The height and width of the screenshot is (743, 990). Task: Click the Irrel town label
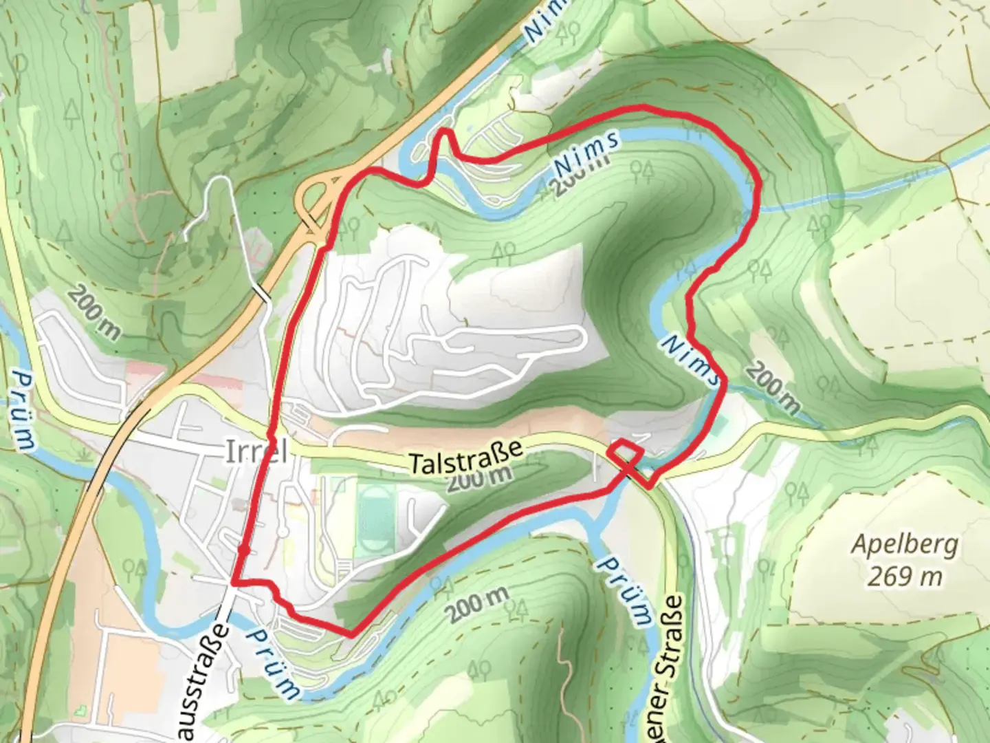255,453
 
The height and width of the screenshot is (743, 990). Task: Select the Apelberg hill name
904,545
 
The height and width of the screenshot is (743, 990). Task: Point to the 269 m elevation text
904,575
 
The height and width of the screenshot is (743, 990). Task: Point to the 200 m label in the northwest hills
94,312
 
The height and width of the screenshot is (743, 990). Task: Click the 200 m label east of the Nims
772,389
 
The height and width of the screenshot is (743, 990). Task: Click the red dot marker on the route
243,550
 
